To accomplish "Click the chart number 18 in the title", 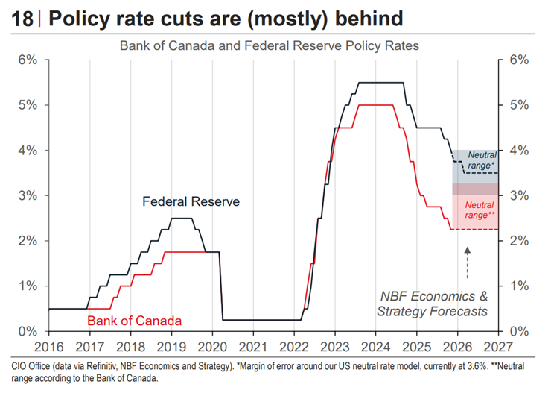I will click(23, 19).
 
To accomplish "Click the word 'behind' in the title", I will click(364, 19).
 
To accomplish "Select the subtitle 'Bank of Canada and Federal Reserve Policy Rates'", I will click(270, 46).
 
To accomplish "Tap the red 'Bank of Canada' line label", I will click(134, 321).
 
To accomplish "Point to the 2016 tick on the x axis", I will click(48, 346).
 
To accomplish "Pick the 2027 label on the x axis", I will click(498, 346).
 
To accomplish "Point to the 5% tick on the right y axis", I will click(520, 105).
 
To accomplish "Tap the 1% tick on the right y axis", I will click(520, 286).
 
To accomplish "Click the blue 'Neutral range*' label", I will click(481, 160).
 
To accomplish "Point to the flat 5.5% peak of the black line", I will click(380, 83).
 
